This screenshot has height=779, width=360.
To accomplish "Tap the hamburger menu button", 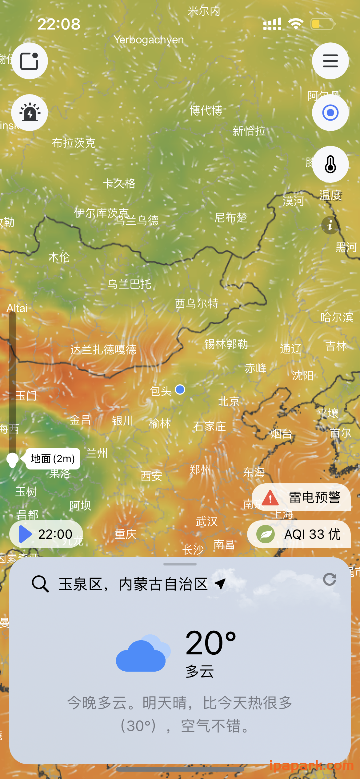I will click(x=330, y=61).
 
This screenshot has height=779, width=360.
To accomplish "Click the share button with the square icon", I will click(x=30, y=61).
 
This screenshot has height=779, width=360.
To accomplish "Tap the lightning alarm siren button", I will click(x=30, y=113).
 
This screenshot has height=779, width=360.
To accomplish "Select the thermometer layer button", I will click(x=330, y=164).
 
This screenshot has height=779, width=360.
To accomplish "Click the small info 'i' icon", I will click(x=330, y=225).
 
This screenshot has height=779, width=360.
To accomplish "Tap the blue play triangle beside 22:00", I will click(x=25, y=534).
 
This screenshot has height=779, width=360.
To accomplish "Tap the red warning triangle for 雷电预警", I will click(x=270, y=497).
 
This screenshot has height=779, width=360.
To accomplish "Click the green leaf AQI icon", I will click(x=266, y=534).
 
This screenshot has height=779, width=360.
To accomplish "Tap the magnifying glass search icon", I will click(x=40, y=584).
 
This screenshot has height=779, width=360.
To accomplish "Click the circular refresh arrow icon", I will click(x=330, y=580).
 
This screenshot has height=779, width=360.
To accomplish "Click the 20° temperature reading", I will click(x=211, y=643).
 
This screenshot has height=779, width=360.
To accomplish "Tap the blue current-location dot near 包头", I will click(x=180, y=389).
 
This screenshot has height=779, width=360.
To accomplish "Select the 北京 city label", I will click(x=229, y=401).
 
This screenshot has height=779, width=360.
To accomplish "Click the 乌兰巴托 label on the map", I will click(x=129, y=284).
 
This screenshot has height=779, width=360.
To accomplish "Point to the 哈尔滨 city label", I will click(x=337, y=317).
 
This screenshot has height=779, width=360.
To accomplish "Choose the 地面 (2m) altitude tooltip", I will click(x=53, y=459).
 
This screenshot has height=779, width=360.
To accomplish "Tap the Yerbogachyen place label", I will click(x=149, y=40).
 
